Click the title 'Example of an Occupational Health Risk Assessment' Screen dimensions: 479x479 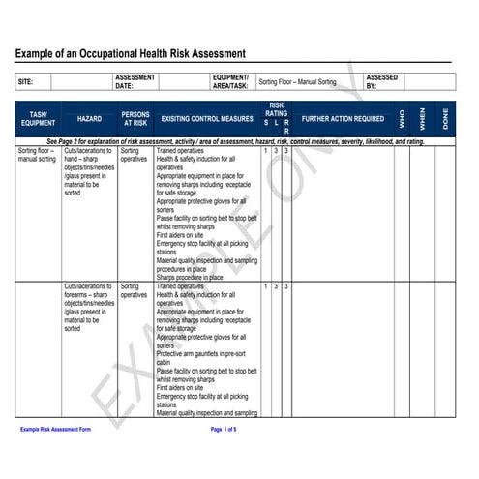point(130,53)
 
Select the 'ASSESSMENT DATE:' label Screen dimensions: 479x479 point(135,81)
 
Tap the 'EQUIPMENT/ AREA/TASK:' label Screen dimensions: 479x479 point(230,81)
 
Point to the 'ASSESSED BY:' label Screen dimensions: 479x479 point(381,81)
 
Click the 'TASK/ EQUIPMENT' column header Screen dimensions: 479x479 point(39,119)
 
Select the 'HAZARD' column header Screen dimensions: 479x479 point(89,119)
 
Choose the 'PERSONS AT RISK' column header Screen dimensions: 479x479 point(135,119)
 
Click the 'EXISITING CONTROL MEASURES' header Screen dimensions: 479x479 point(207,119)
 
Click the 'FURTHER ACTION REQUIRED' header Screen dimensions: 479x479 point(343,119)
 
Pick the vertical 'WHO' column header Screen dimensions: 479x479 point(402,119)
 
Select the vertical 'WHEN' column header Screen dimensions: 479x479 point(423,119)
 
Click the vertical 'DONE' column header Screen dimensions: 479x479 point(444,119)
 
